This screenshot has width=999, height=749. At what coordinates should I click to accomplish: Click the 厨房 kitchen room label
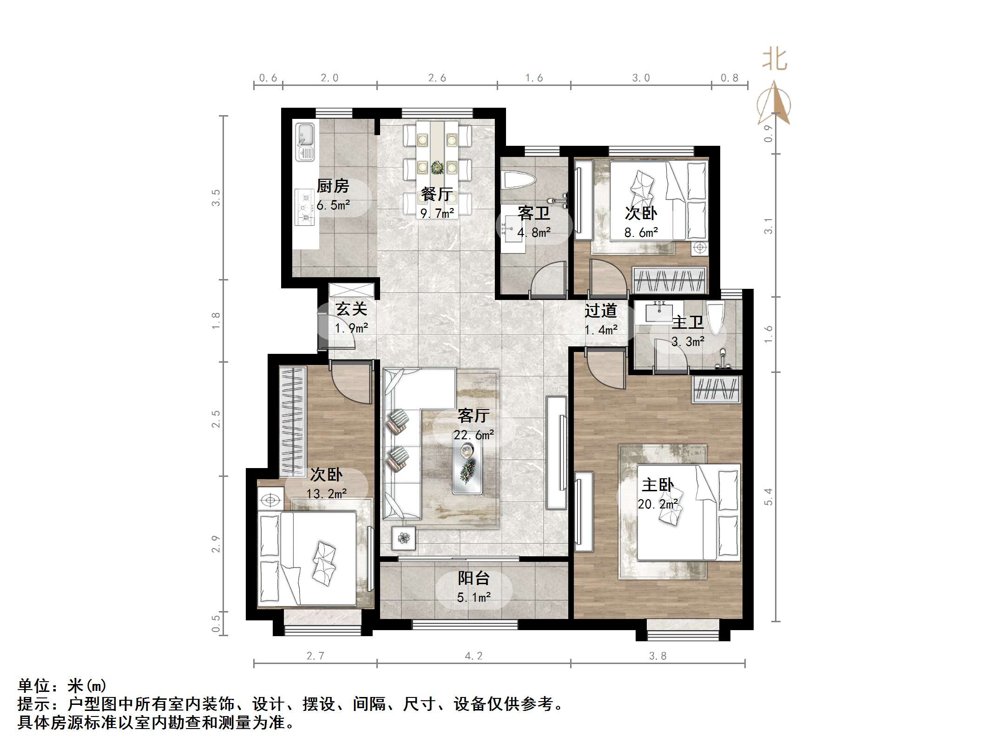click(333, 186)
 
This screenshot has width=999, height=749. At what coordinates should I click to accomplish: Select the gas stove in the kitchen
click(305, 207)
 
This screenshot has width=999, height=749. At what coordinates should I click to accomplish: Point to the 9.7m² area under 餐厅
click(437, 213)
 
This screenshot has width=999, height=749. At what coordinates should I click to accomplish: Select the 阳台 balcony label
click(473, 578)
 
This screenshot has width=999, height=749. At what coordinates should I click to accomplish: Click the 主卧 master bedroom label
click(657, 485)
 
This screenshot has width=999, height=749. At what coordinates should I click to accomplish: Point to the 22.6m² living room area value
click(473, 435)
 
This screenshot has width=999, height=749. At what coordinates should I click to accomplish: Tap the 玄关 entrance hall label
click(351, 309)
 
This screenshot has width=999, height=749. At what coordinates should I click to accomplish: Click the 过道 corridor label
click(600, 310)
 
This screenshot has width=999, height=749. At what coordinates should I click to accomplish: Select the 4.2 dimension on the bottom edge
click(473, 656)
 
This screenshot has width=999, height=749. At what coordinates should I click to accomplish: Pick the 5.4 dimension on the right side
click(769, 497)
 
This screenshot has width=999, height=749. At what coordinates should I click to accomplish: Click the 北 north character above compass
click(775, 60)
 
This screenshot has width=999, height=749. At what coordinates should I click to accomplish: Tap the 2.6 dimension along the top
click(437, 78)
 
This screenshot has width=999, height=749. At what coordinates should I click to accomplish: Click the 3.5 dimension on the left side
click(216, 198)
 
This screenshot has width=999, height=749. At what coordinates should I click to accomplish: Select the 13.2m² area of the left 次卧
click(326, 494)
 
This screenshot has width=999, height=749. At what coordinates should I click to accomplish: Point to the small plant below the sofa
click(404, 538)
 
